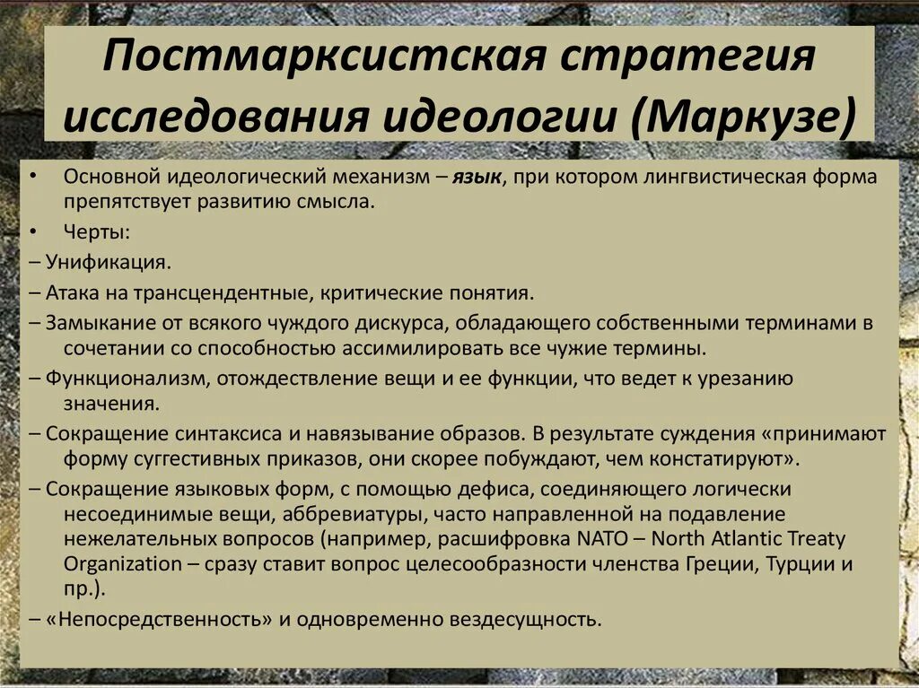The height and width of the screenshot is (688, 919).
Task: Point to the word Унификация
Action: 109,262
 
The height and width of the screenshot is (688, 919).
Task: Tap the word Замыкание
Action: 97,322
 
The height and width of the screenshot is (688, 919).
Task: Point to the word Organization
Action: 122,564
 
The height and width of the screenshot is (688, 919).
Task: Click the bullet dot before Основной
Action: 33,178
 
